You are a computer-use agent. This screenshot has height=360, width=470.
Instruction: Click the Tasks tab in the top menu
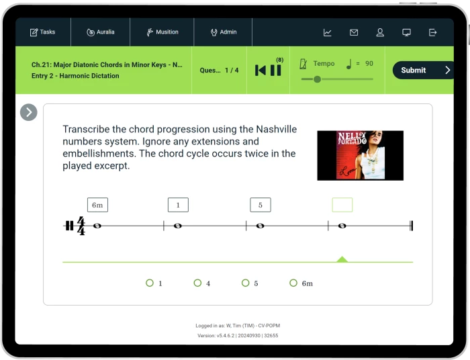click(42, 32)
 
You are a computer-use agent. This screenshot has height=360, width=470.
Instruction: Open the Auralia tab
click(101, 32)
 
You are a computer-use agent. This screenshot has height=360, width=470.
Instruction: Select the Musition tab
click(162, 32)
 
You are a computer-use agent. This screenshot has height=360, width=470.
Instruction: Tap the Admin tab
click(224, 32)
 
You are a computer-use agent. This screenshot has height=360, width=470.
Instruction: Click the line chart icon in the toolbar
click(328, 32)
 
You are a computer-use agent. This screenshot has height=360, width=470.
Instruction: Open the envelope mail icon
click(354, 32)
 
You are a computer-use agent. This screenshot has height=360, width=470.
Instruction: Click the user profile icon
click(380, 32)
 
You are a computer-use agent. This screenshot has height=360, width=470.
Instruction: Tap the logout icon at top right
click(432, 32)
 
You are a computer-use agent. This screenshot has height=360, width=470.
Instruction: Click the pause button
click(276, 71)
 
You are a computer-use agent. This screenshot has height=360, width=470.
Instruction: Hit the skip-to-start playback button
click(261, 71)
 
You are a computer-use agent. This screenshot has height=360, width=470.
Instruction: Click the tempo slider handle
click(317, 79)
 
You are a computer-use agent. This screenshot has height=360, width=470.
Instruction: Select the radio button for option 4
click(197, 283)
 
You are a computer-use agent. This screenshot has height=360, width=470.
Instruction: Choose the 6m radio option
click(293, 283)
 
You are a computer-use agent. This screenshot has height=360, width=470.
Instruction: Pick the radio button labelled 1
click(150, 283)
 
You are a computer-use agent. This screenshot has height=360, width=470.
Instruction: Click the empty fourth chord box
click(342, 205)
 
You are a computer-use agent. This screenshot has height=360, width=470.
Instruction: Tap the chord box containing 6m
click(98, 205)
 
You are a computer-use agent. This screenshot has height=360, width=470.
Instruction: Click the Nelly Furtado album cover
click(361, 156)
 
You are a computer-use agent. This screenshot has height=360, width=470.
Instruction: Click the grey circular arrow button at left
click(29, 112)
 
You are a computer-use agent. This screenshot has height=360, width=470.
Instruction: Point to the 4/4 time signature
click(81, 226)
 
